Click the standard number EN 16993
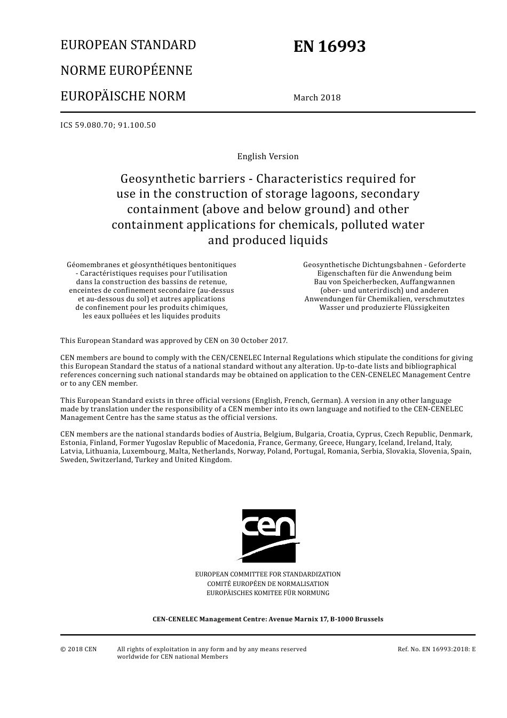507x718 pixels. pos(329,46)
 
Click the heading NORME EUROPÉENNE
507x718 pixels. pos(126,71)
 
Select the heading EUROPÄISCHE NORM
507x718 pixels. pos(123,96)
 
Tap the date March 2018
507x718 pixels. pos(316,97)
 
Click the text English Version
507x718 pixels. pos(268,157)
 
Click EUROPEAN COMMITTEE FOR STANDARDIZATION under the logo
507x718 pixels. pos(268,574)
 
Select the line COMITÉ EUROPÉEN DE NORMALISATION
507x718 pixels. pos(268,584)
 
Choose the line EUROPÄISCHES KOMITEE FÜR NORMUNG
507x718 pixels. pos(268,593)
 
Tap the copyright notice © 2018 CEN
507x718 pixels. pos(78,649)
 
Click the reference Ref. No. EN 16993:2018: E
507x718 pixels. pos(436,649)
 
